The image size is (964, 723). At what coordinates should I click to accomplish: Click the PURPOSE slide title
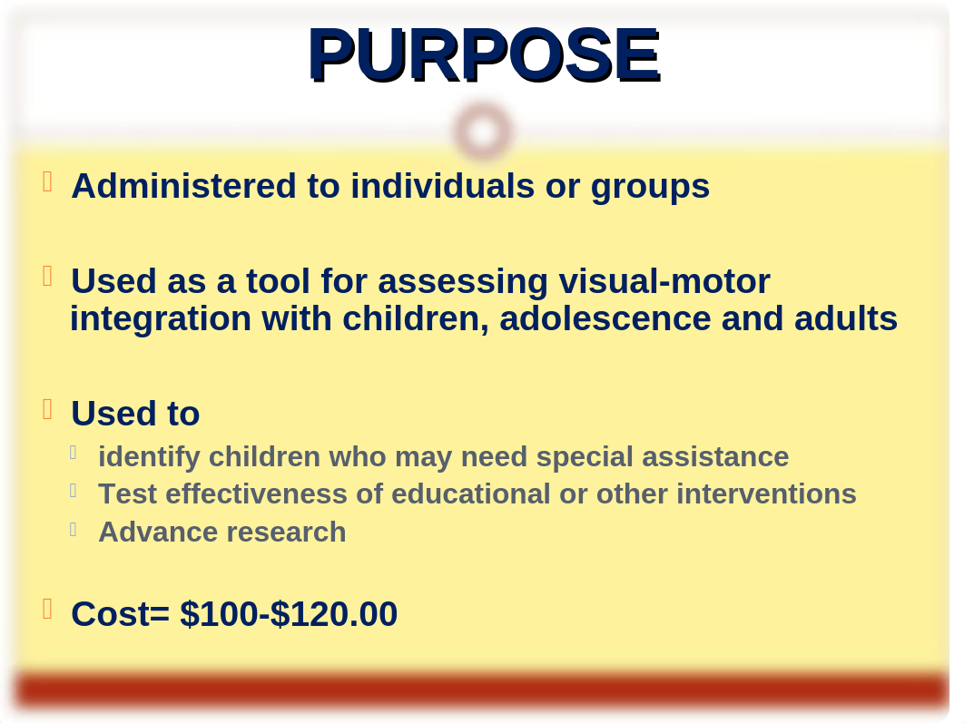(484, 54)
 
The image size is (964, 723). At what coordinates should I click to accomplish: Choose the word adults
(845, 318)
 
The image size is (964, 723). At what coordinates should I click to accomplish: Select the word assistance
(715, 457)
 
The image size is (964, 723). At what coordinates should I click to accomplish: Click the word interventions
(766, 493)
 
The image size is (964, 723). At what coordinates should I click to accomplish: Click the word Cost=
(121, 613)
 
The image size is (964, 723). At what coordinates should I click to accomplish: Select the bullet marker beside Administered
(47, 181)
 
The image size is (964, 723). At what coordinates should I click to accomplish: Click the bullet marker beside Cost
(47, 610)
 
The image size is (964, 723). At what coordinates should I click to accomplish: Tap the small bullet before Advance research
(74, 529)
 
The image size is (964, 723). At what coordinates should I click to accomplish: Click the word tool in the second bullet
(278, 281)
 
